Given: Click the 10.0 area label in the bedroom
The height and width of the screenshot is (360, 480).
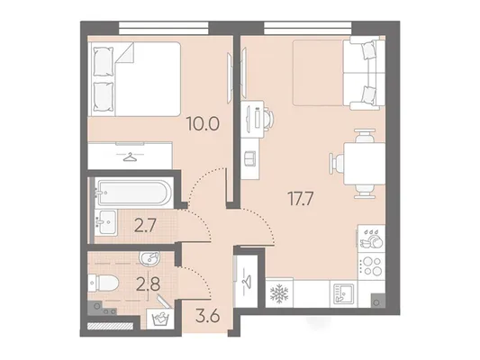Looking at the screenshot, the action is (204, 124).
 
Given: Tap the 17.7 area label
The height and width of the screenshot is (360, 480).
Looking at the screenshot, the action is (300, 199).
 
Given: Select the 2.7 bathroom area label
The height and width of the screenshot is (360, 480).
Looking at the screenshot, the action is (145, 227).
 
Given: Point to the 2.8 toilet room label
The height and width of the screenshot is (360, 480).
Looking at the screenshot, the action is (149, 284).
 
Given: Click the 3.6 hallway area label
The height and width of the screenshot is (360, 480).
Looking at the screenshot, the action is (207, 316).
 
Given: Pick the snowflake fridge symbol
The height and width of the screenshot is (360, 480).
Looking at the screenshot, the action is (279, 293).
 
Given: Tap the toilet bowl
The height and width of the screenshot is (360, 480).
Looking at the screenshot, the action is (104, 283).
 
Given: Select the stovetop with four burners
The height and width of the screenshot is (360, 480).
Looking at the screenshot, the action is (371, 265).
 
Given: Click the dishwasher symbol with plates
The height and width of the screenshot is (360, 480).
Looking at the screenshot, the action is (371, 238).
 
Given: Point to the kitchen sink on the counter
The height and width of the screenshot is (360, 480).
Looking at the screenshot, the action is (343, 294).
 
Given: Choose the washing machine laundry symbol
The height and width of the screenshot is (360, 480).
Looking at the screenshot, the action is (160, 319).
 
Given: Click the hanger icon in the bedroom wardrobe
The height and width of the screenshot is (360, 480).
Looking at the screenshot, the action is (129, 157).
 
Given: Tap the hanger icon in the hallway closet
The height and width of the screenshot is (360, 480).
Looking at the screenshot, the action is (246, 280).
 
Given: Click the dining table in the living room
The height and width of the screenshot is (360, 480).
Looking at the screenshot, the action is (365, 164).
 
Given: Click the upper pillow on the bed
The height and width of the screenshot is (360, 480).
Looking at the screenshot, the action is (104, 61).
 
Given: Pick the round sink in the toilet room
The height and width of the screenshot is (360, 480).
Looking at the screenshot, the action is (149, 258).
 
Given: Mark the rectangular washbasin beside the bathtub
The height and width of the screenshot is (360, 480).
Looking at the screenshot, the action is (105, 222).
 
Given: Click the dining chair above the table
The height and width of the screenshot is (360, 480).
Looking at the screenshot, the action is (365, 136).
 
